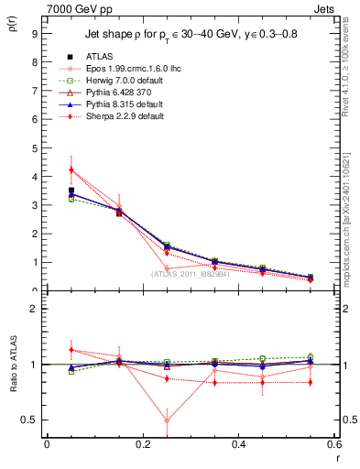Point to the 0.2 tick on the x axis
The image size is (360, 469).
(x=142, y=444)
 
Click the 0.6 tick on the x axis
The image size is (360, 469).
(x=334, y=444)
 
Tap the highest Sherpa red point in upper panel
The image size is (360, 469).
(x=46, y=169)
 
